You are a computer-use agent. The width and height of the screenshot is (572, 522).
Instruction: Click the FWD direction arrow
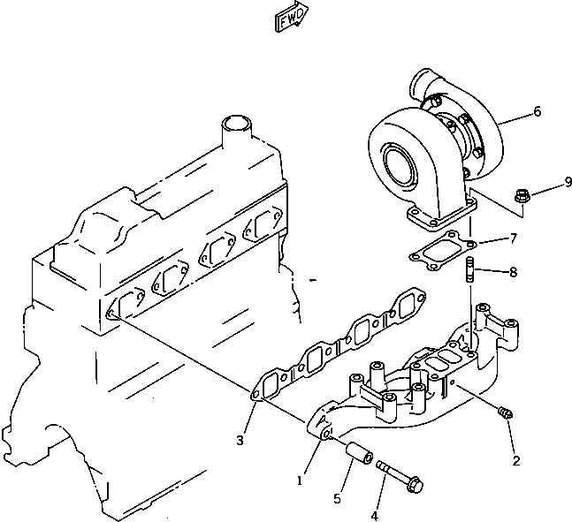pos(290,19)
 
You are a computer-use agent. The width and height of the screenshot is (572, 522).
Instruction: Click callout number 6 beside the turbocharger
pos(537,112)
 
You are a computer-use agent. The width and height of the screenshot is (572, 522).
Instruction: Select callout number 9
pos(544,184)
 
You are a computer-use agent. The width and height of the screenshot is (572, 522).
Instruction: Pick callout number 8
pos(514,272)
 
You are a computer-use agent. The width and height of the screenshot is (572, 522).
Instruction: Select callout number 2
pos(516,460)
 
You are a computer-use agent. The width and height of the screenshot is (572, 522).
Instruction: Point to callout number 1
pos(300,480)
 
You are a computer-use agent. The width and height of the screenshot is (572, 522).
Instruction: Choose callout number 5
pos(337,498)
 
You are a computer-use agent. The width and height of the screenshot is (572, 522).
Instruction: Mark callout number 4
pos(375,515)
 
